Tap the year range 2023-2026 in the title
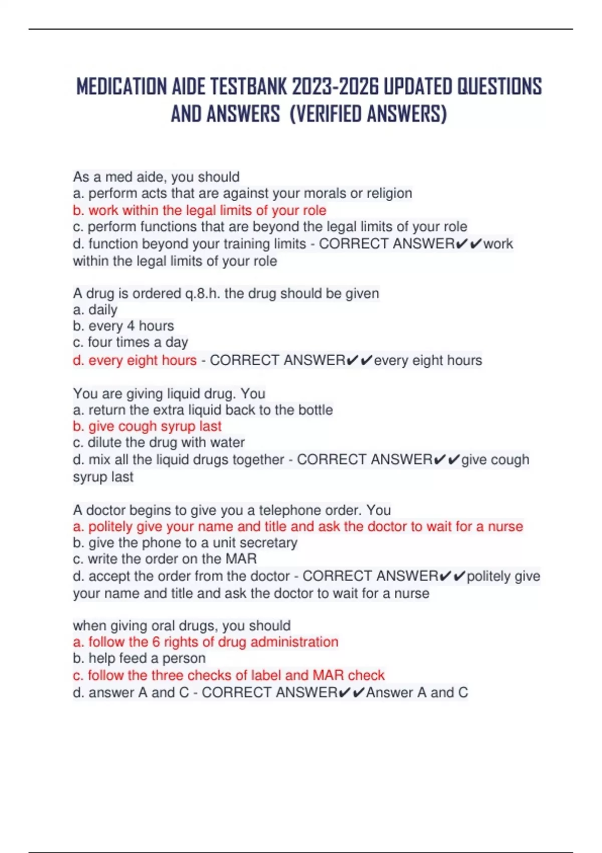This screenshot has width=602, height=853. (335, 87)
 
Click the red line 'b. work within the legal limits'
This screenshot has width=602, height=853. (200, 210)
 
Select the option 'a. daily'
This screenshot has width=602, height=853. (95, 310)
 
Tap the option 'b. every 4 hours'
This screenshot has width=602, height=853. (123, 326)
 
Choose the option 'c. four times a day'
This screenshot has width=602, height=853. (130, 342)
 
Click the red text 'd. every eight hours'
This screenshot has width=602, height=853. (134, 360)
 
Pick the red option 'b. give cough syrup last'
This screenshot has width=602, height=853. (147, 426)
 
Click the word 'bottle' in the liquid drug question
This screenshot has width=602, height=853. (316, 410)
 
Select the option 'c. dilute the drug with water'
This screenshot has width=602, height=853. (159, 443)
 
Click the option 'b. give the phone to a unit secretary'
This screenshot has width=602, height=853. (185, 543)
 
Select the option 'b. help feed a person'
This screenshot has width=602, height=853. (139, 658)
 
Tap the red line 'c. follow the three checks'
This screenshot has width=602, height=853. (229, 675)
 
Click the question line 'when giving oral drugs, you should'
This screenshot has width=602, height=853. (182, 626)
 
